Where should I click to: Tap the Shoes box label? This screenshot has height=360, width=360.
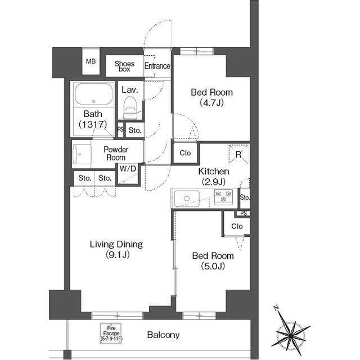[x=124, y=66]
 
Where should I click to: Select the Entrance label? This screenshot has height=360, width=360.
[x=157, y=66]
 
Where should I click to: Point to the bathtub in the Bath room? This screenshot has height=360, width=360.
[x=93, y=95]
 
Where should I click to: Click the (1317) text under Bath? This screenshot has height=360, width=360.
[x=92, y=124]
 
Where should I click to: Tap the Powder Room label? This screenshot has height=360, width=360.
[x=116, y=154]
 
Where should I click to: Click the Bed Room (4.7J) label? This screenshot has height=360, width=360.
[x=211, y=97]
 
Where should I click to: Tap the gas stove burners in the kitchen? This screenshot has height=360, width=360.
[x=223, y=196]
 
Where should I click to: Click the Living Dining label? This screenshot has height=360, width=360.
[x=116, y=250]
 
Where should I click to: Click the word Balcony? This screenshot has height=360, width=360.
[x=163, y=335]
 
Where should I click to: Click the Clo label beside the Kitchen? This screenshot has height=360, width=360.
[x=185, y=153]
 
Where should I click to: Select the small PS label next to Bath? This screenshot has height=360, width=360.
[x=120, y=130]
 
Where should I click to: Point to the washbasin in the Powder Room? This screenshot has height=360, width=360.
[x=83, y=153]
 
